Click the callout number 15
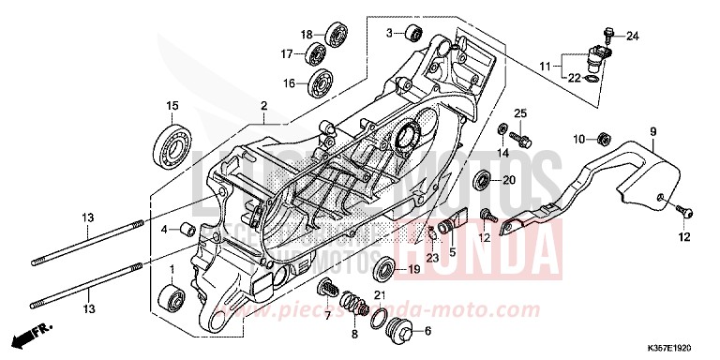pyautogui.click(x=172, y=104)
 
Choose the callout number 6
pyautogui.click(x=428, y=331)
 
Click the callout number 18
pyautogui.click(x=306, y=35)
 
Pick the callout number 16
pyautogui.click(x=290, y=83)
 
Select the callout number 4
pyautogui.click(x=163, y=229)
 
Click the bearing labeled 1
pyautogui.click(x=173, y=298)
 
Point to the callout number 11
pyautogui.click(x=546, y=67)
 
